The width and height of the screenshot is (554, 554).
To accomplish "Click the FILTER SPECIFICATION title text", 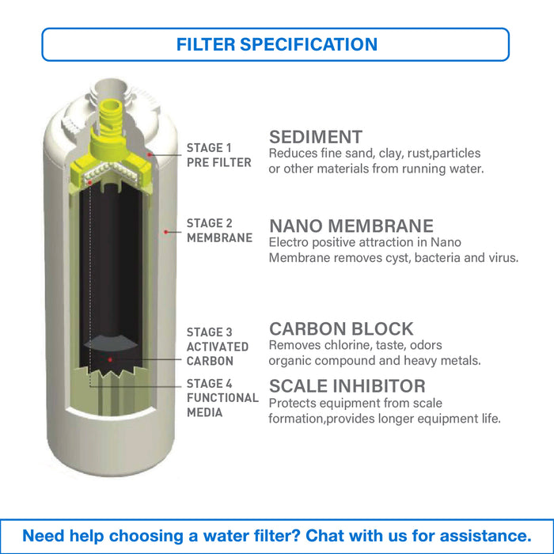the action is pos(277,44).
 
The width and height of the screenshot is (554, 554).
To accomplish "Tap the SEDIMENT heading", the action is pos(316,137).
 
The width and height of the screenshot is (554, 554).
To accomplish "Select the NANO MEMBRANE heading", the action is pos(351,226).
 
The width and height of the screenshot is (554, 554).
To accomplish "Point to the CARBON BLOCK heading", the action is pos(341,328).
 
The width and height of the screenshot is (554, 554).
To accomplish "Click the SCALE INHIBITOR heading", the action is pos(347,386).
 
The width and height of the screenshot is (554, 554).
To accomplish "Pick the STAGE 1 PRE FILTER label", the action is pos(219,155).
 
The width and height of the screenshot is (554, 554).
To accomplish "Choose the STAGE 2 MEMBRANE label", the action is pos(220,230).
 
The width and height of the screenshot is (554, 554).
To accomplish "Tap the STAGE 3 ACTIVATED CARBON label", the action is pos(218,347).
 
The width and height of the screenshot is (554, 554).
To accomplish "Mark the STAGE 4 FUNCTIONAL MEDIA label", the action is pos(222,398).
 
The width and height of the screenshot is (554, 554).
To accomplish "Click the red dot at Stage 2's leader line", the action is pos(165,232).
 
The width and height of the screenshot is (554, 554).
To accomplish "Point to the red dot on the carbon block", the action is pos(110,359).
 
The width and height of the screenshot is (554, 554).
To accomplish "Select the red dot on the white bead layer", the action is pos(90,182).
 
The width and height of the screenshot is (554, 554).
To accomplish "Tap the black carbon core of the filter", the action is pos(110,275).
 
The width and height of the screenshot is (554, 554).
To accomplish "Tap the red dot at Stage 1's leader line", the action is pos(150,154).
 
